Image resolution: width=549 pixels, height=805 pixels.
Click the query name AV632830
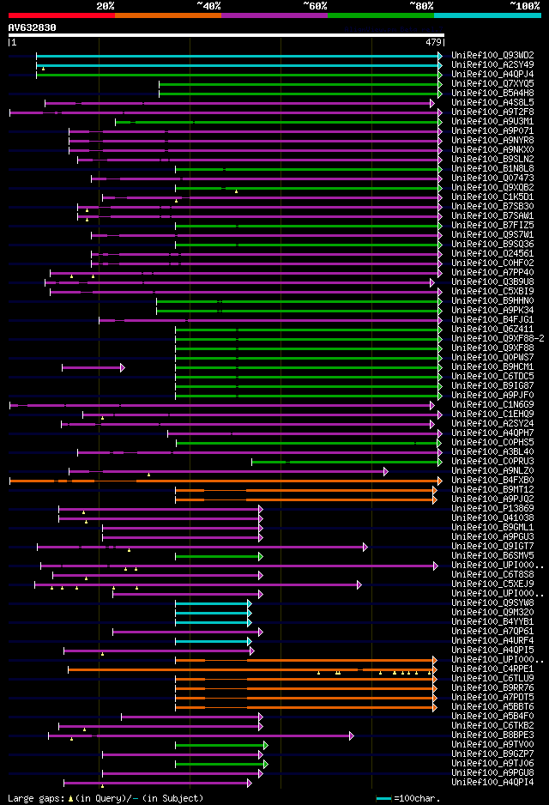32,27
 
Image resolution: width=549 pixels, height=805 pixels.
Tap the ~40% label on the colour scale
208,6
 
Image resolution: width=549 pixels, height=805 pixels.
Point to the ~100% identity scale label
524,6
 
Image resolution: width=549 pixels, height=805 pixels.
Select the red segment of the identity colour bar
61,15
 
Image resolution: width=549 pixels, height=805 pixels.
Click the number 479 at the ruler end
433,41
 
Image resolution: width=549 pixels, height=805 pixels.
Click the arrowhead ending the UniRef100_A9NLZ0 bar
386,470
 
